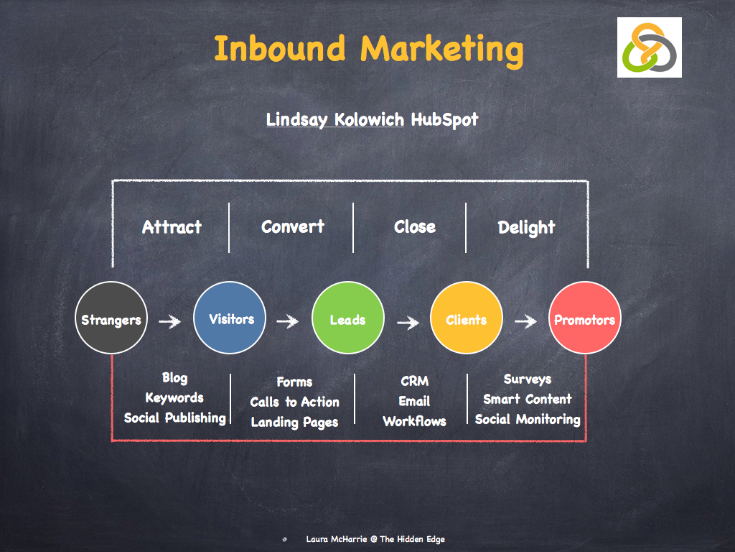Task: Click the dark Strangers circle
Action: pyautogui.click(x=111, y=317)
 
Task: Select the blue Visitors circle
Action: pyautogui.click(x=230, y=317)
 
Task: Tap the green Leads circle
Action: pyautogui.click(x=348, y=317)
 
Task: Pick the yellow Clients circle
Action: pyautogui.click(x=466, y=317)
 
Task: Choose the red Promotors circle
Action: pyautogui.click(x=584, y=317)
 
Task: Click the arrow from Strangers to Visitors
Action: pyautogui.click(x=170, y=321)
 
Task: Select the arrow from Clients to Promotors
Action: pyautogui.click(x=525, y=321)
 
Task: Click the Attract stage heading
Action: pyautogui.click(x=172, y=228)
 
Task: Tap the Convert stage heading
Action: pyautogui.click(x=293, y=227)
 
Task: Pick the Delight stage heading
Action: pyautogui.click(x=526, y=228)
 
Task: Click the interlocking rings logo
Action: pyautogui.click(x=649, y=47)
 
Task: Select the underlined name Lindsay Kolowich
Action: pyautogui.click(x=335, y=119)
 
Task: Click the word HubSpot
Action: pyautogui.click(x=444, y=119)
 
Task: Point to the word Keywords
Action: pyautogui.click(x=174, y=397)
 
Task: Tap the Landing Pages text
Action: pyautogui.click(x=294, y=422)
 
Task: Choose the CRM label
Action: pyautogui.click(x=414, y=381)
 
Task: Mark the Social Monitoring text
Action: pyautogui.click(x=528, y=419)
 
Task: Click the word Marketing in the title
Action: pyautogui.click(x=441, y=49)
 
